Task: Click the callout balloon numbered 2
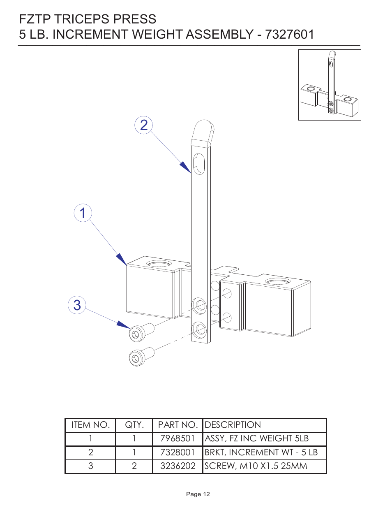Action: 144,125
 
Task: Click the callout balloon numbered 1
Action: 83,213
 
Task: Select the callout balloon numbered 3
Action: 77,305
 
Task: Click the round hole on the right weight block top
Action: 278,282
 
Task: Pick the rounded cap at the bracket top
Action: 203,130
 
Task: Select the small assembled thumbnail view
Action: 330,85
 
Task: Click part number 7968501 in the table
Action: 178,438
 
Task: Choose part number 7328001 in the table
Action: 178,452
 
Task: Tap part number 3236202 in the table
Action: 178,466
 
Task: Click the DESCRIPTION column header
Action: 233,425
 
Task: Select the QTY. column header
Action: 134,425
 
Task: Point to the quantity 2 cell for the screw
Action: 134,466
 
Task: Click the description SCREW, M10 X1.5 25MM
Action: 256,466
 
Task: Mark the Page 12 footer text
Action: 198,494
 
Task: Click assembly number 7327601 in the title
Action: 290,34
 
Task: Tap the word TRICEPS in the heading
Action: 82,19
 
